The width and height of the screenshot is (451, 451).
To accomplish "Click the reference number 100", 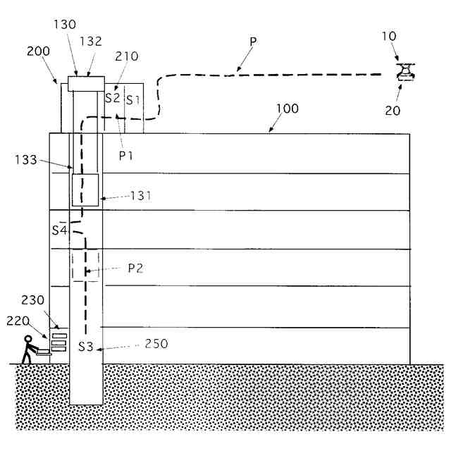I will tap(287, 109).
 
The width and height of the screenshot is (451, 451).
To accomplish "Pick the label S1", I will tap(133, 99).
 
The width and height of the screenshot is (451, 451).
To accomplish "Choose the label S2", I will tap(113, 98).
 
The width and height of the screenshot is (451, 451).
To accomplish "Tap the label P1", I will tap(125, 155).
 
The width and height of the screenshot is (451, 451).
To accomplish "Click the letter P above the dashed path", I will tap(253, 42).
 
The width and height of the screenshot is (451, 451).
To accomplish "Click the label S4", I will tap(59, 230).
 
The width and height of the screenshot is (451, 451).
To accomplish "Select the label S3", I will tap(85, 346).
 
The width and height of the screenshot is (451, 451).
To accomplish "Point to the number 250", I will tap(156, 345).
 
